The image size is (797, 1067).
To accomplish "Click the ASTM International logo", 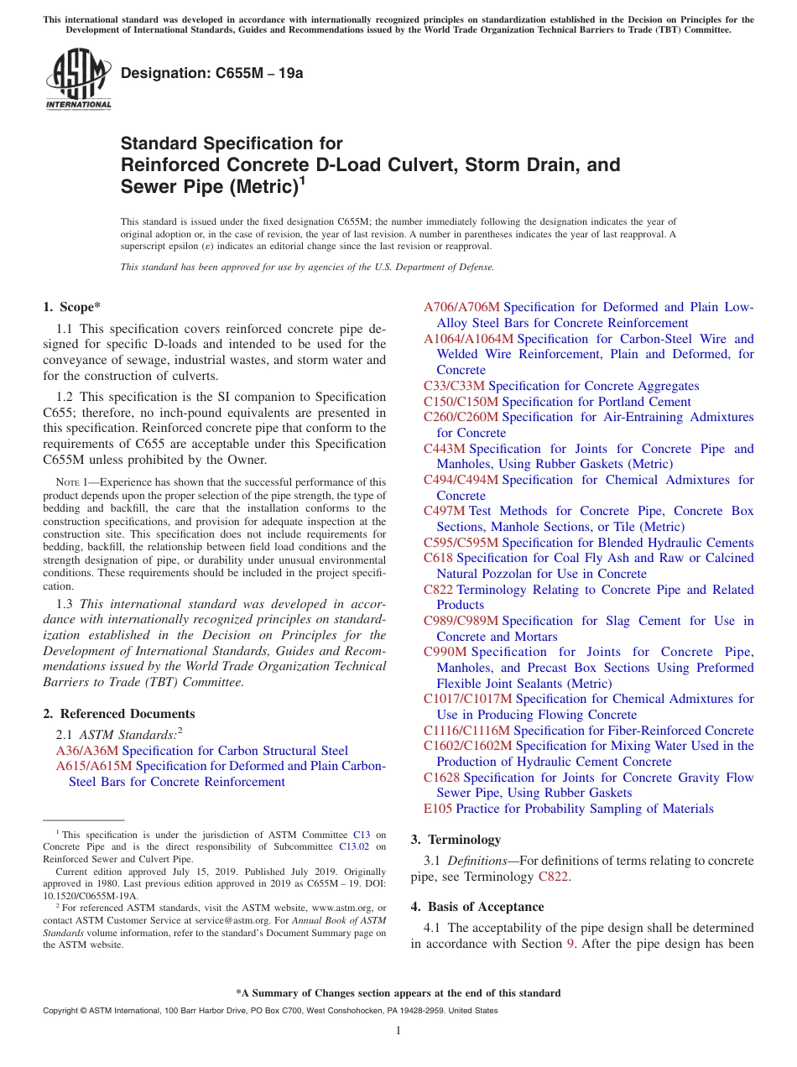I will pos(78,80).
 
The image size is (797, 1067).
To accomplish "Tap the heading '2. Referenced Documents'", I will pos(119,714).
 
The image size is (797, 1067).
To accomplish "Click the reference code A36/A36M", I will pos(87,751).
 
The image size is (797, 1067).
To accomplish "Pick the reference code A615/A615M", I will pos(94,766).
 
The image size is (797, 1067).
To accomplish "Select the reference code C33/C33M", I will pos(454,386).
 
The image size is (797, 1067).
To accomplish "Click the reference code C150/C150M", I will pos(461,402).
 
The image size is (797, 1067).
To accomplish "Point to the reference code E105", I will pos(438,809).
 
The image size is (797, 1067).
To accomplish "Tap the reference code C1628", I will pos(441,778).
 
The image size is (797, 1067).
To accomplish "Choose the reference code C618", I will pos(438,558).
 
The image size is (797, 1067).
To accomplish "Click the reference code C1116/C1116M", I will pos(467,731).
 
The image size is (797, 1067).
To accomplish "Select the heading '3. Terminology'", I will pos(456,840).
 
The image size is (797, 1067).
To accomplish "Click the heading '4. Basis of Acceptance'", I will pos(477,907).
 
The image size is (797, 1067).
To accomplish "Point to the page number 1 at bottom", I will pos(398,1031).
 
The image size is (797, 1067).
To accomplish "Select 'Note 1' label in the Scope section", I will pos(67,482).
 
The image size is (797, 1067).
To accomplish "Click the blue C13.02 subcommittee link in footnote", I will pos(353,847).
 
